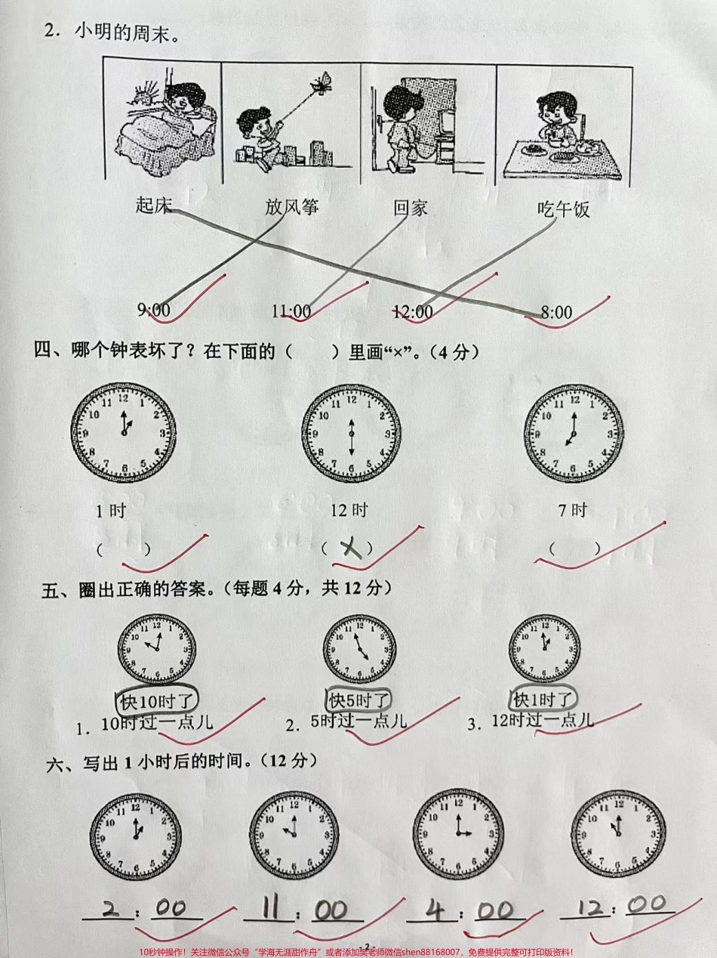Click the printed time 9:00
coord(153,309)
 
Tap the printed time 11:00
coord(291,311)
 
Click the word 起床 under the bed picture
coord(154,205)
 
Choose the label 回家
coord(411,207)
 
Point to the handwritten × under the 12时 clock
coord(349,549)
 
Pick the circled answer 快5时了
coord(359,700)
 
